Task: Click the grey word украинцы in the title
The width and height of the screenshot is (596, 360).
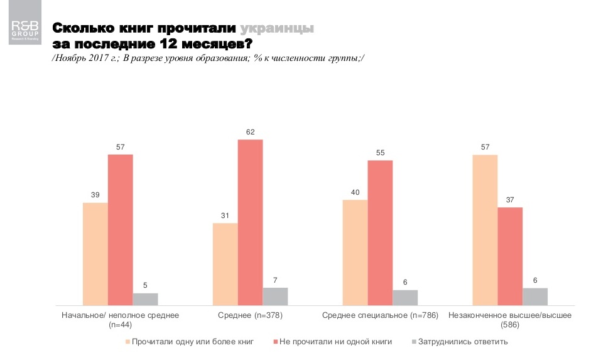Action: tap(277, 29)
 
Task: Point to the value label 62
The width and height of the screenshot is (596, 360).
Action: tap(251, 132)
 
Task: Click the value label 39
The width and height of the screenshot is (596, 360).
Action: tap(95, 195)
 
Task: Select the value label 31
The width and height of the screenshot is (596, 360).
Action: tap(225, 216)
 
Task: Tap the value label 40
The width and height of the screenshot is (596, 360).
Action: tap(355, 193)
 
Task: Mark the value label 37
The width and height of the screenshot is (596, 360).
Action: tap(510, 200)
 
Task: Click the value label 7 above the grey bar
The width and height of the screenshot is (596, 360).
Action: tap(275, 280)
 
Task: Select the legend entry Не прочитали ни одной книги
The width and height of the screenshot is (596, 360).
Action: tap(333, 342)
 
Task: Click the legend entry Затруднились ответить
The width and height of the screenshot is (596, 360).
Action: tap(462, 342)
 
